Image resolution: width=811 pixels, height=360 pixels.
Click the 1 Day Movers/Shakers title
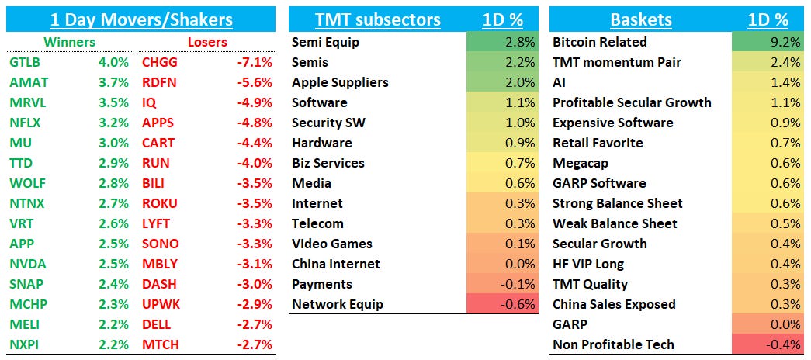[x=140, y=19]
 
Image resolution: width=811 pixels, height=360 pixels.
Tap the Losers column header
[x=207, y=42]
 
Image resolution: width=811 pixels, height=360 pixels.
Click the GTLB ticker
[x=26, y=62]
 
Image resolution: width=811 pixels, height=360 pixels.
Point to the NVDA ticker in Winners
[x=27, y=264]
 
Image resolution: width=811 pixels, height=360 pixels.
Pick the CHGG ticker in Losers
[x=159, y=62]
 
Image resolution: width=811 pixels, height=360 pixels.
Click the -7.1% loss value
[x=255, y=62]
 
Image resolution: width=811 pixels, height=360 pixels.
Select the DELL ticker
[x=158, y=324]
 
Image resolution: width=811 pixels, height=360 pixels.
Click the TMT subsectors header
[x=377, y=19]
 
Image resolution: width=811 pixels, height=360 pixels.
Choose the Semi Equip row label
[x=325, y=42]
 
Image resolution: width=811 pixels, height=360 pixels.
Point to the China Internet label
[x=336, y=264]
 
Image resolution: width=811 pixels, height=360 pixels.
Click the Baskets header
[x=640, y=19]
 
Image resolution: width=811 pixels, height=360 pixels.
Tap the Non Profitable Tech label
[x=613, y=344]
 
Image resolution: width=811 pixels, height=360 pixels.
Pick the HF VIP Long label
[x=588, y=264]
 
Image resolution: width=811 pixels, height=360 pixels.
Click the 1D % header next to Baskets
[x=768, y=19]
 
